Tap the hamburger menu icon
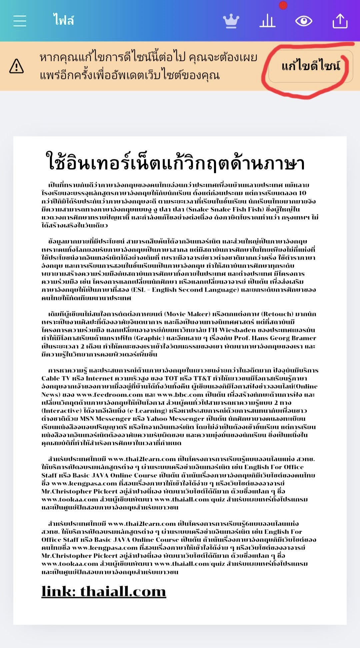tap(20, 21)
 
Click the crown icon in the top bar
tap(231, 21)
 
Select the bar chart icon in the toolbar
tap(267, 21)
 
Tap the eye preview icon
tap(304, 21)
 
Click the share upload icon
tap(340, 21)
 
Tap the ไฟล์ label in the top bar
tap(63, 20)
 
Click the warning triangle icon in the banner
tap(16, 66)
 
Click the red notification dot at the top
tap(283, 5)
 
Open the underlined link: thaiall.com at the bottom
tap(104, 591)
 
